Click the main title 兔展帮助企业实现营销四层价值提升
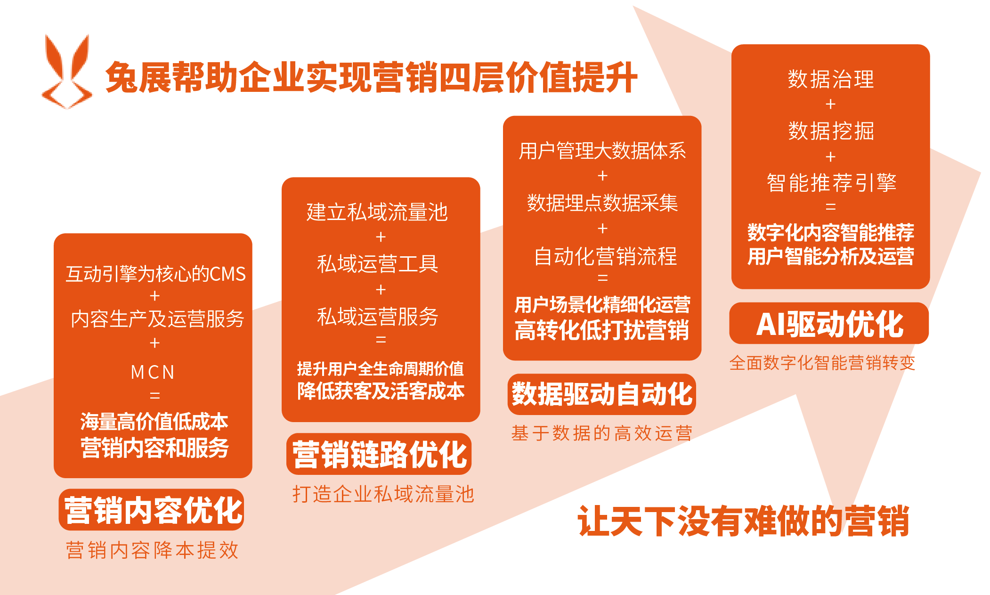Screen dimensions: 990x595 coord(371,77)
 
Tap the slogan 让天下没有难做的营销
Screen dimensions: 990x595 coord(743,521)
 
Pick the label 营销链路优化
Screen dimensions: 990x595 coord(379,454)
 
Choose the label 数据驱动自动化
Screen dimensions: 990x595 coord(602,394)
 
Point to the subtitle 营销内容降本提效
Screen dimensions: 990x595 coord(153,550)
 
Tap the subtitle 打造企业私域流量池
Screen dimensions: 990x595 coord(383,494)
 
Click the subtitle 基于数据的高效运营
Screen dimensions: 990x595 coord(602,433)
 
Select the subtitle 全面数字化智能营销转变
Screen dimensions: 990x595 coord(822,363)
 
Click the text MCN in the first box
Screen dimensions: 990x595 coord(153,372)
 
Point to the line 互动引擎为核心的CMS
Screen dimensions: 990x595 coord(155,274)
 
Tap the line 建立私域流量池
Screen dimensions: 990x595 coord(377,212)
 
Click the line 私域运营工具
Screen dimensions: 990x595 coord(377,264)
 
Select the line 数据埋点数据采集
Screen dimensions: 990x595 coord(602,203)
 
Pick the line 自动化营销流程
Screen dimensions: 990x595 coord(605,256)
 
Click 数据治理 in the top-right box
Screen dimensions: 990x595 coord(831,79)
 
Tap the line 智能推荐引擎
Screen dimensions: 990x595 coord(831,182)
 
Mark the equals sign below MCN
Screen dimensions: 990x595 coord(154,395)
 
